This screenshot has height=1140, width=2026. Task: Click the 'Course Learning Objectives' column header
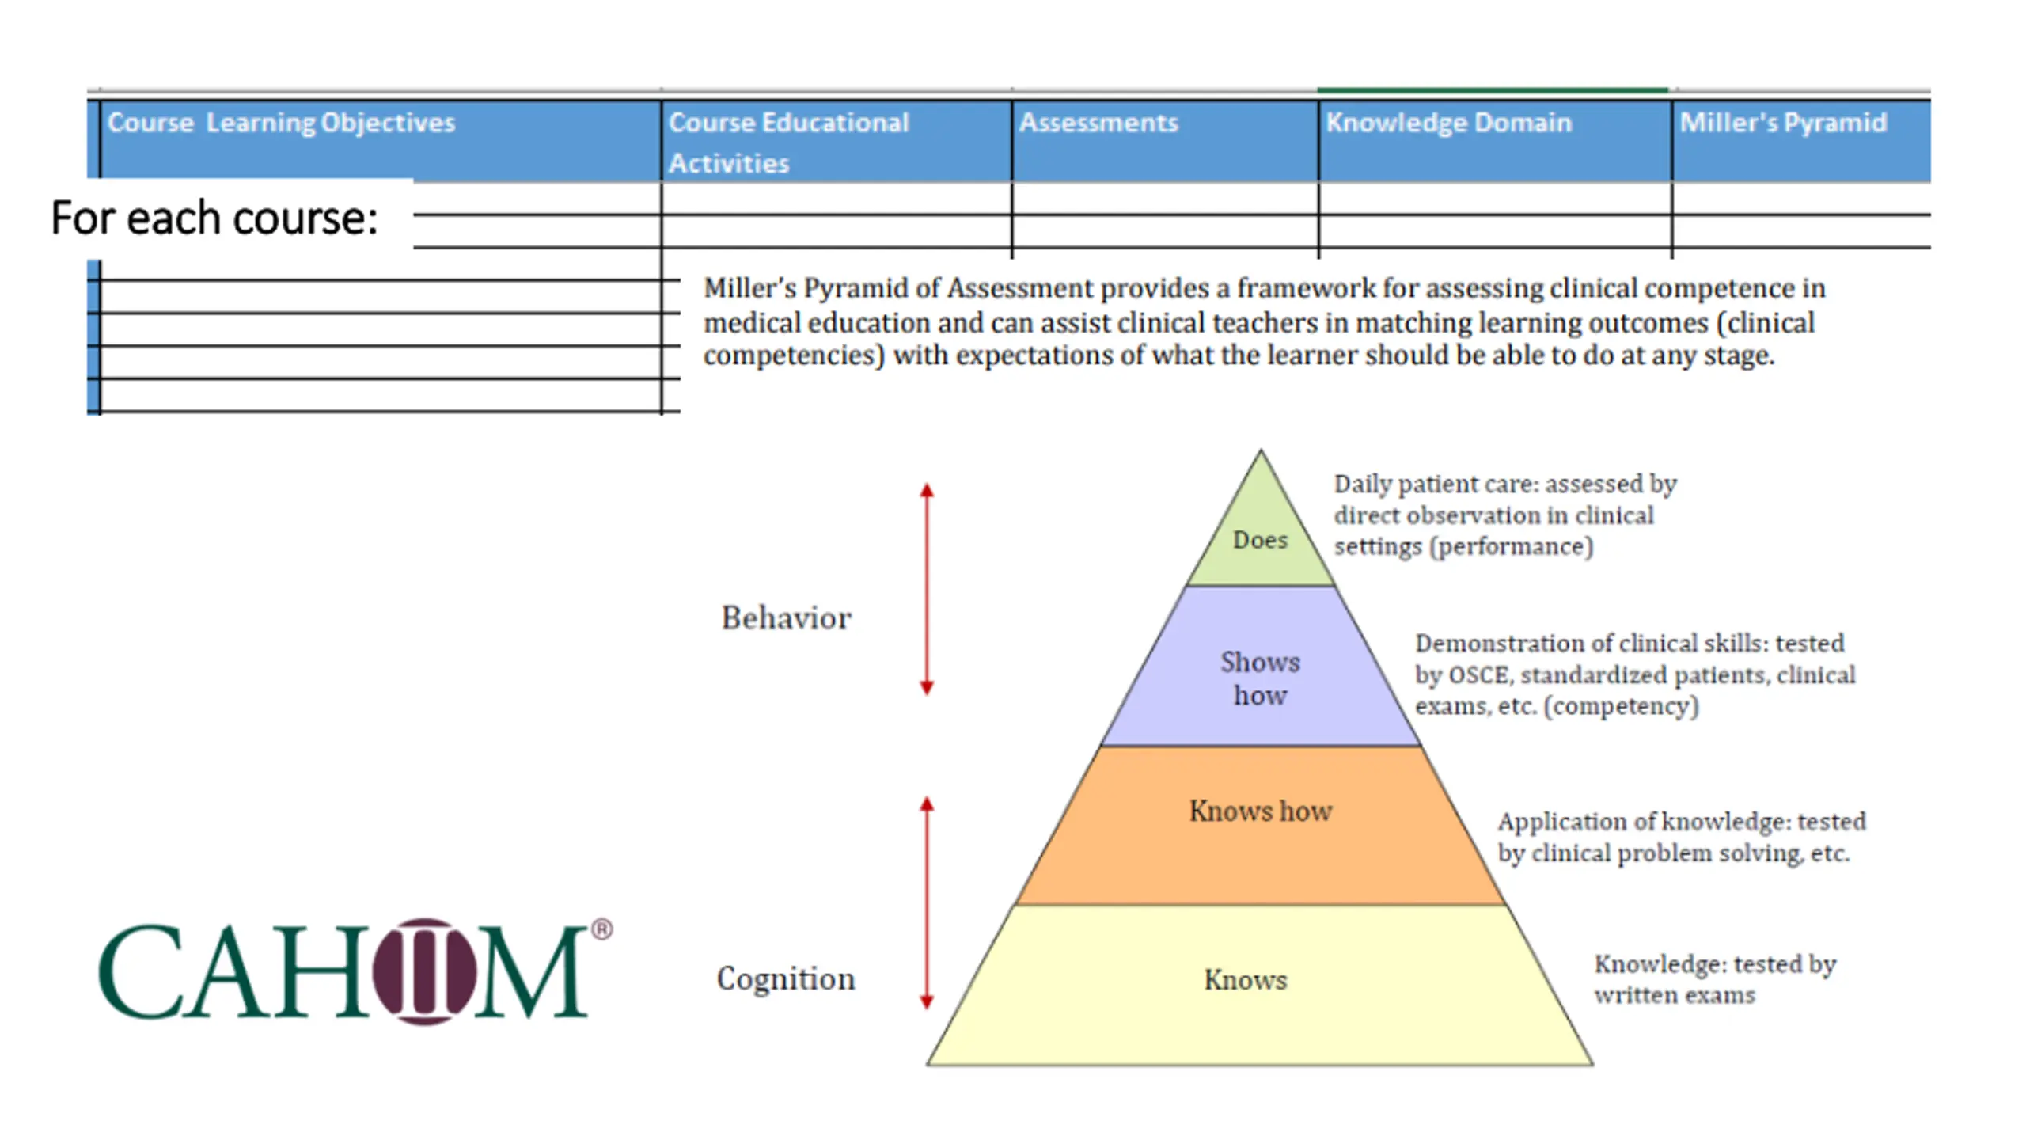coord(281,123)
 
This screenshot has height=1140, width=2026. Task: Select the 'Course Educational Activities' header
coord(788,142)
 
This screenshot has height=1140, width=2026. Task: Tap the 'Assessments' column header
coord(1098,123)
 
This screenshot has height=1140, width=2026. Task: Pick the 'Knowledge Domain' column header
coord(1448,123)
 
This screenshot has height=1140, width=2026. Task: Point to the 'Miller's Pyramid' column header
coord(1783,123)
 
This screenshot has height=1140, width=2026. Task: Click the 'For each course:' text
coord(214,218)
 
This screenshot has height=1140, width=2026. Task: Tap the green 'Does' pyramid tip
coord(1260,540)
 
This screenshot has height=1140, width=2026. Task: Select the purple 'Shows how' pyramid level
coord(1260,678)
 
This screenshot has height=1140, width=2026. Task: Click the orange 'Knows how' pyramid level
coord(1260,811)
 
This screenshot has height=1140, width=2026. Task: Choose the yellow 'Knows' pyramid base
coord(1246,980)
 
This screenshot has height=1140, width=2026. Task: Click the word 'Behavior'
coord(786,618)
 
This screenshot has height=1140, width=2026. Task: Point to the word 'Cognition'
coord(786,979)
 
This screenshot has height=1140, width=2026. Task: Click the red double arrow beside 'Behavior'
coord(927,589)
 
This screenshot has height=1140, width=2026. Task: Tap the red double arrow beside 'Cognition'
coord(927,902)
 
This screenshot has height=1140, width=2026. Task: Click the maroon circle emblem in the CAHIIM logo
coord(424,971)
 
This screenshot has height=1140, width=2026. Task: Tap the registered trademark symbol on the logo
coord(601,929)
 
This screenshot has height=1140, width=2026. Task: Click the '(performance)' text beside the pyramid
coord(1512,547)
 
